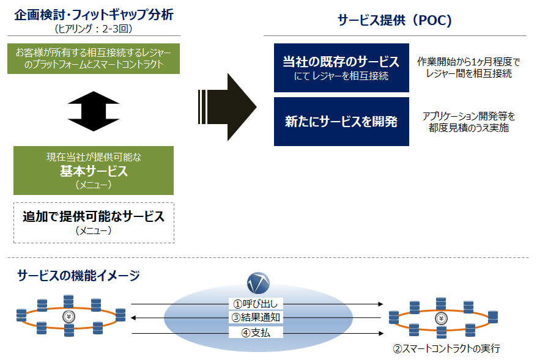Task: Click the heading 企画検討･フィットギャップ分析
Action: (94, 15)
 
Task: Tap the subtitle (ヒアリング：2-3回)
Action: (94, 28)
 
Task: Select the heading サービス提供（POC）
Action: (394, 20)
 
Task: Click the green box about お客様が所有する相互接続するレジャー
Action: (94, 59)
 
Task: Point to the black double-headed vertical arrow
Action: (94, 111)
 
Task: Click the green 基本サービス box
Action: (94, 171)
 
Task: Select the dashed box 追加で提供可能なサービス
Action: (94, 222)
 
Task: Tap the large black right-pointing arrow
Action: (227, 107)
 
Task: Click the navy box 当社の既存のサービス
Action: (341, 68)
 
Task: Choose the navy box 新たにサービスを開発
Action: (341, 122)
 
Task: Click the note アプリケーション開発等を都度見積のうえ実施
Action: (468, 122)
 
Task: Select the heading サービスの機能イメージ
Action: (78, 276)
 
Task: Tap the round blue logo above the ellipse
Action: (258, 283)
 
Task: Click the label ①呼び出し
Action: (256, 304)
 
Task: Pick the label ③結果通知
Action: (256, 318)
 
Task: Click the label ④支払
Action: (256, 332)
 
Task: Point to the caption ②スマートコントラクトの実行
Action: (446, 349)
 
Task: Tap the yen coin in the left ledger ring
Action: (69, 317)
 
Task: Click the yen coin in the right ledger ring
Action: (441, 319)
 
